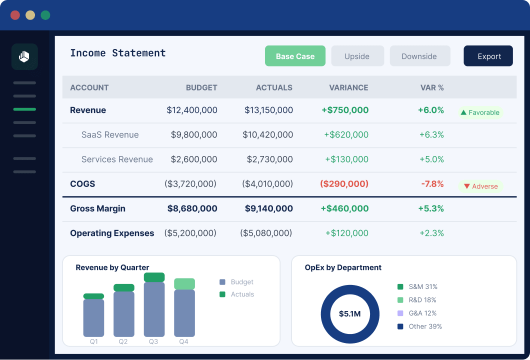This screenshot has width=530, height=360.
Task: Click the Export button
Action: point(488,56)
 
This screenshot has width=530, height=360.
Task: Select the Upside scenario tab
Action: point(357,56)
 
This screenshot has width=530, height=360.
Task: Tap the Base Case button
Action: point(295,56)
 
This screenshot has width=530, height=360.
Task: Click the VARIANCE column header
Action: point(348,87)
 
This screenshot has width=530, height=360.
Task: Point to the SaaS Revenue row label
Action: point(110,134)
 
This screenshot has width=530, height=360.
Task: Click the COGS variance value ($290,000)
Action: point(344,184)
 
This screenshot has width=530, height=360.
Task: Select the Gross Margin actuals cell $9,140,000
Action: point(268,208)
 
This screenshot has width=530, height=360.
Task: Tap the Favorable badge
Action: point(480,112)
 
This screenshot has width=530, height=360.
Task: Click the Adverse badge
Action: point(480,186)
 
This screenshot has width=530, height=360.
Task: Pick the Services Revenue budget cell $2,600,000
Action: point(193,159)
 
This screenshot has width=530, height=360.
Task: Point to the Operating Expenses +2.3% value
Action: point(431,233)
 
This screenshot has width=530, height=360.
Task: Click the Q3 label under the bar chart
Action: point(153,341)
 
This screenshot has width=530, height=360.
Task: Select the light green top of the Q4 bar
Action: point(184,284)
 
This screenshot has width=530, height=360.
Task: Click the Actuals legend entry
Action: point(236,294)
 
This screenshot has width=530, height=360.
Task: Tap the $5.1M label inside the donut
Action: point(350,314)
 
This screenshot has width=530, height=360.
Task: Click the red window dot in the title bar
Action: point(15,15)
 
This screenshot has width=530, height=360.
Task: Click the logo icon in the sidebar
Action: point(24,57)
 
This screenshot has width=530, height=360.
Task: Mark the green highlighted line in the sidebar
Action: point(24,109)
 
